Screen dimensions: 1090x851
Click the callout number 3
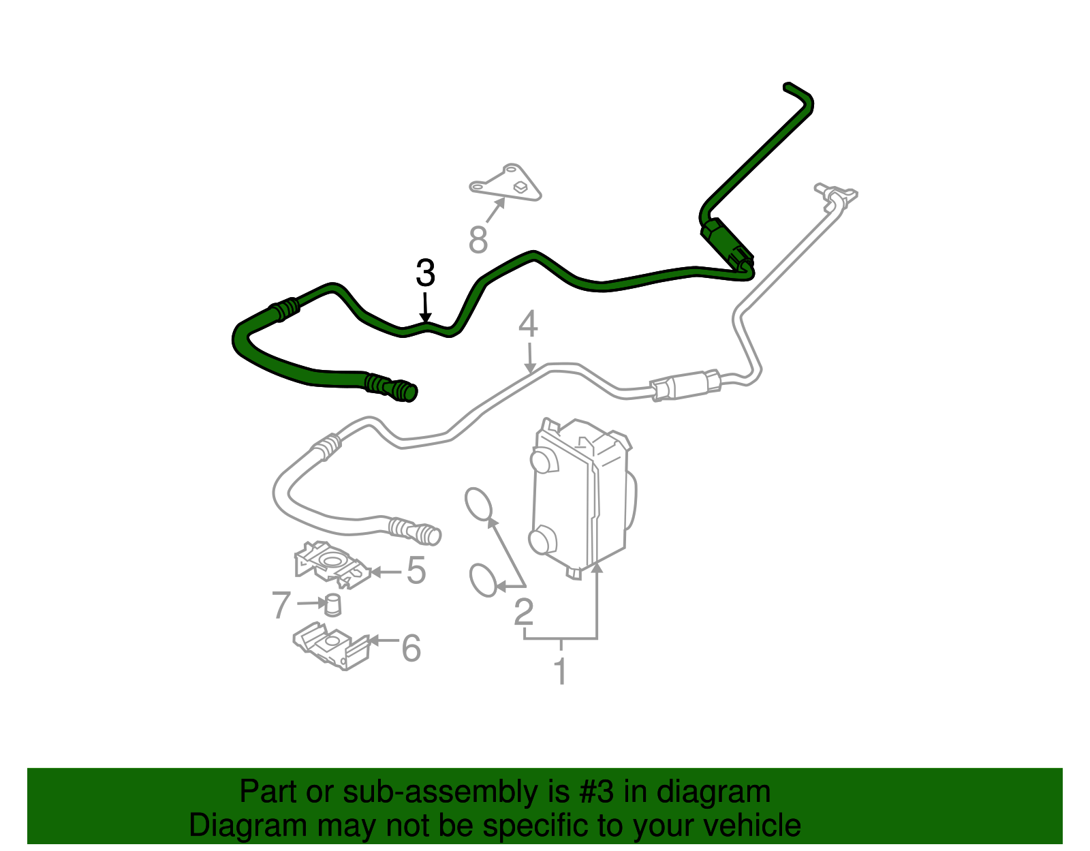(425, 273)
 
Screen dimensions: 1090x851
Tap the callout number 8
(478, 239)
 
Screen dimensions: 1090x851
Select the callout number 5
(416, 570)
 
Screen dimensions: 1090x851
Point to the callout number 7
(281, 604)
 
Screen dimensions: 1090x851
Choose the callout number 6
(411, 648)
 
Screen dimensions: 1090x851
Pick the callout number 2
(524, 612)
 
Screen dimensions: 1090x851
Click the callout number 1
(561, 670)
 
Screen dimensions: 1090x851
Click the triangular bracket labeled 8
(505, 183)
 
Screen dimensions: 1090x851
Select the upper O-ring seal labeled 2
(478, 504)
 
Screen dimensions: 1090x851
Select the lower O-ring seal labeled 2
(483, 581)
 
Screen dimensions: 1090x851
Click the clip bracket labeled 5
(332, 564)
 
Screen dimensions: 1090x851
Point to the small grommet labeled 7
(332, 605)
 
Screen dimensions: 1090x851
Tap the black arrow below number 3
(425, 307)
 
